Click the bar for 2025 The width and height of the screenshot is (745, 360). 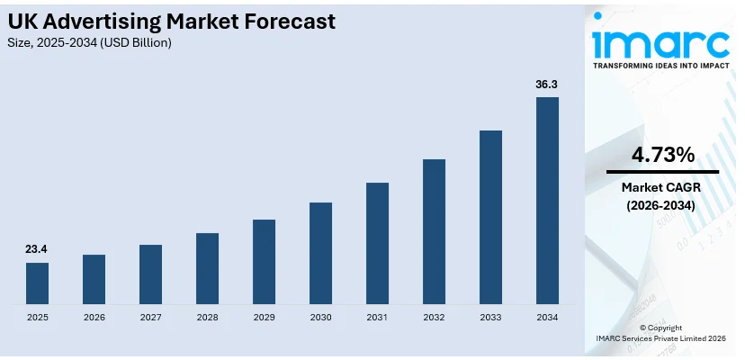(37, 283)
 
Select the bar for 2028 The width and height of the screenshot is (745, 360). (207, 268)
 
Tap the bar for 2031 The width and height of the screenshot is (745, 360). (377, 243)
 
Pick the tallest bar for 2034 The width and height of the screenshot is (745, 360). (547, 200)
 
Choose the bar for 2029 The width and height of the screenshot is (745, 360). (264, 261)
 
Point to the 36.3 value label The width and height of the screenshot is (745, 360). (547, 84)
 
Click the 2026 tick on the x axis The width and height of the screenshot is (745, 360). (94, 318)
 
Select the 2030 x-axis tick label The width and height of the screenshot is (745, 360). (320, 318)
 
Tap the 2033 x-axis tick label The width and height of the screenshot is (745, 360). (490, 318)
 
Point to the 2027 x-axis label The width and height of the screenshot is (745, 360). (150, 318)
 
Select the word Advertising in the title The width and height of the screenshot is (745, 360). (122, 22)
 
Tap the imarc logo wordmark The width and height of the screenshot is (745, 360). (660, 41)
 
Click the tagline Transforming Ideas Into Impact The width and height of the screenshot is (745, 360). (660, 66)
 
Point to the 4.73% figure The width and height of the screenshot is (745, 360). (662, 155)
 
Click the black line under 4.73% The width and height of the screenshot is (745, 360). (662, 171)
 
